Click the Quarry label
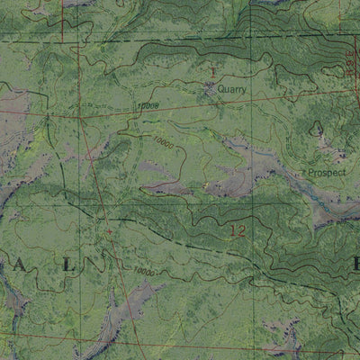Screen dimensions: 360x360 coord(231,89)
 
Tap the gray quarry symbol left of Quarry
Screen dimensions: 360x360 coord(211,88)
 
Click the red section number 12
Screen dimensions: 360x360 coord(237,231)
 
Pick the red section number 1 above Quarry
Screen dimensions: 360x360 coord(213,69)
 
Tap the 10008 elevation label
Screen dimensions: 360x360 coord(148,105)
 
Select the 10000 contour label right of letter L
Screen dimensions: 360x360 coord(143,271)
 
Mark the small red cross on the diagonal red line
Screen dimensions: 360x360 coord(110,231)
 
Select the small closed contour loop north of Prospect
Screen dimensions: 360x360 coord(318,133)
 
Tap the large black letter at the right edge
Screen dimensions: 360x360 coord(355,265)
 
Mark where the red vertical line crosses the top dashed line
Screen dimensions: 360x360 coord(63,33)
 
